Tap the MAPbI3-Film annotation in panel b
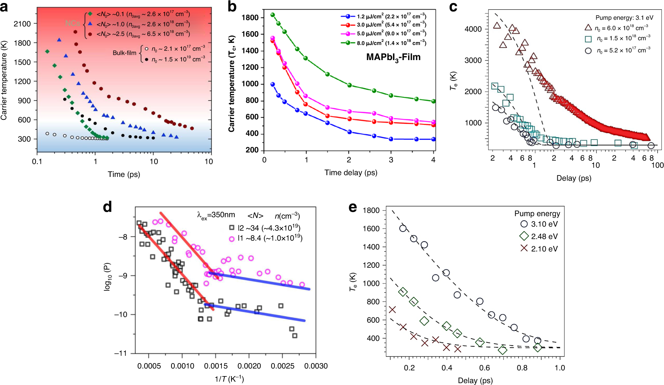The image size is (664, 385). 393,57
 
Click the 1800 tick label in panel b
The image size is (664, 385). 250,17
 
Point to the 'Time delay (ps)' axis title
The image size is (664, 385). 351,172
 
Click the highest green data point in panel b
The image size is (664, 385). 273,15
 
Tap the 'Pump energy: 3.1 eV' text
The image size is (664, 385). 624,17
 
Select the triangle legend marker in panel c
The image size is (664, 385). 588,27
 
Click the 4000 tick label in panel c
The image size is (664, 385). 473,29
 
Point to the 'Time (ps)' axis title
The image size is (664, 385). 124,174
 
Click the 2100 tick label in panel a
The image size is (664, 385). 22,24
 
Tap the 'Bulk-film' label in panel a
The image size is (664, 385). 124,53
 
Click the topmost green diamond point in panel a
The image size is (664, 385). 47,52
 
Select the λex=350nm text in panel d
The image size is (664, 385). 216,215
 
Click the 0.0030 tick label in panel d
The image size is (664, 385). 316,366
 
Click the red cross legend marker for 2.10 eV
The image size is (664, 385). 524,248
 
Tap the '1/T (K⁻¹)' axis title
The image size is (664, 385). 229,379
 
